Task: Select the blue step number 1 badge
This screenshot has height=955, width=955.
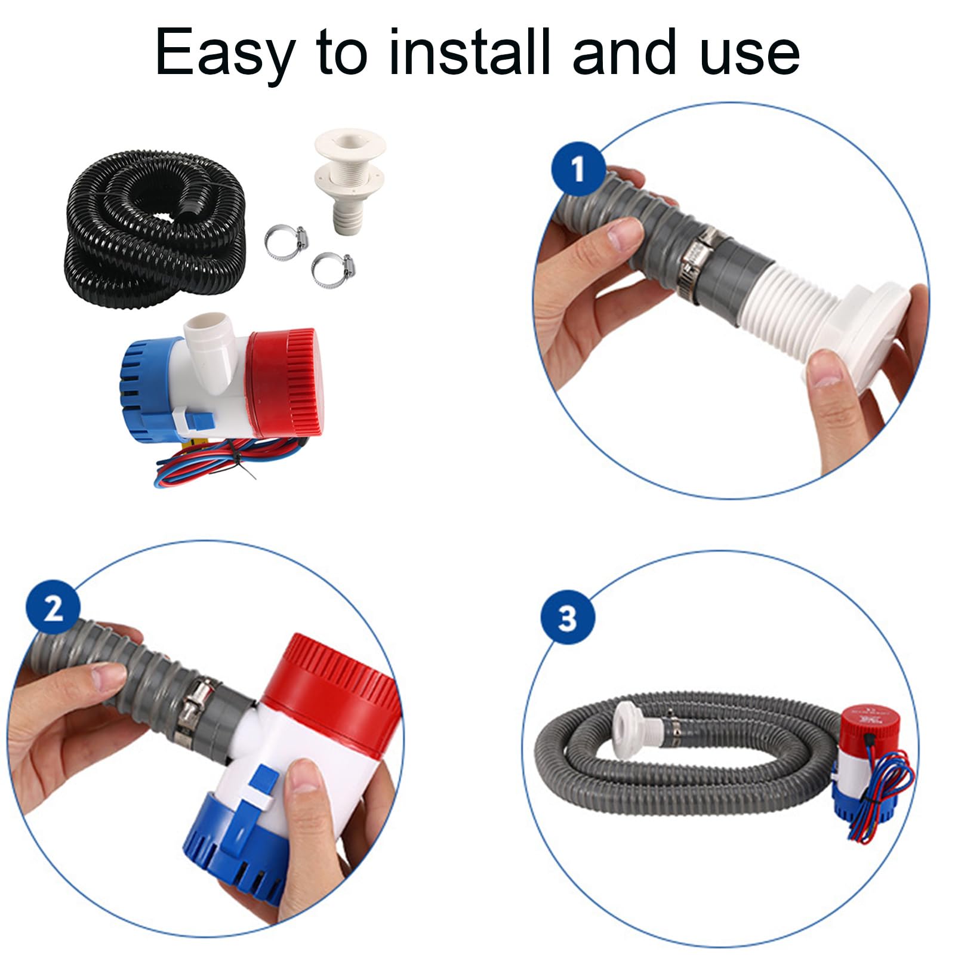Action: [x=578, y=170]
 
